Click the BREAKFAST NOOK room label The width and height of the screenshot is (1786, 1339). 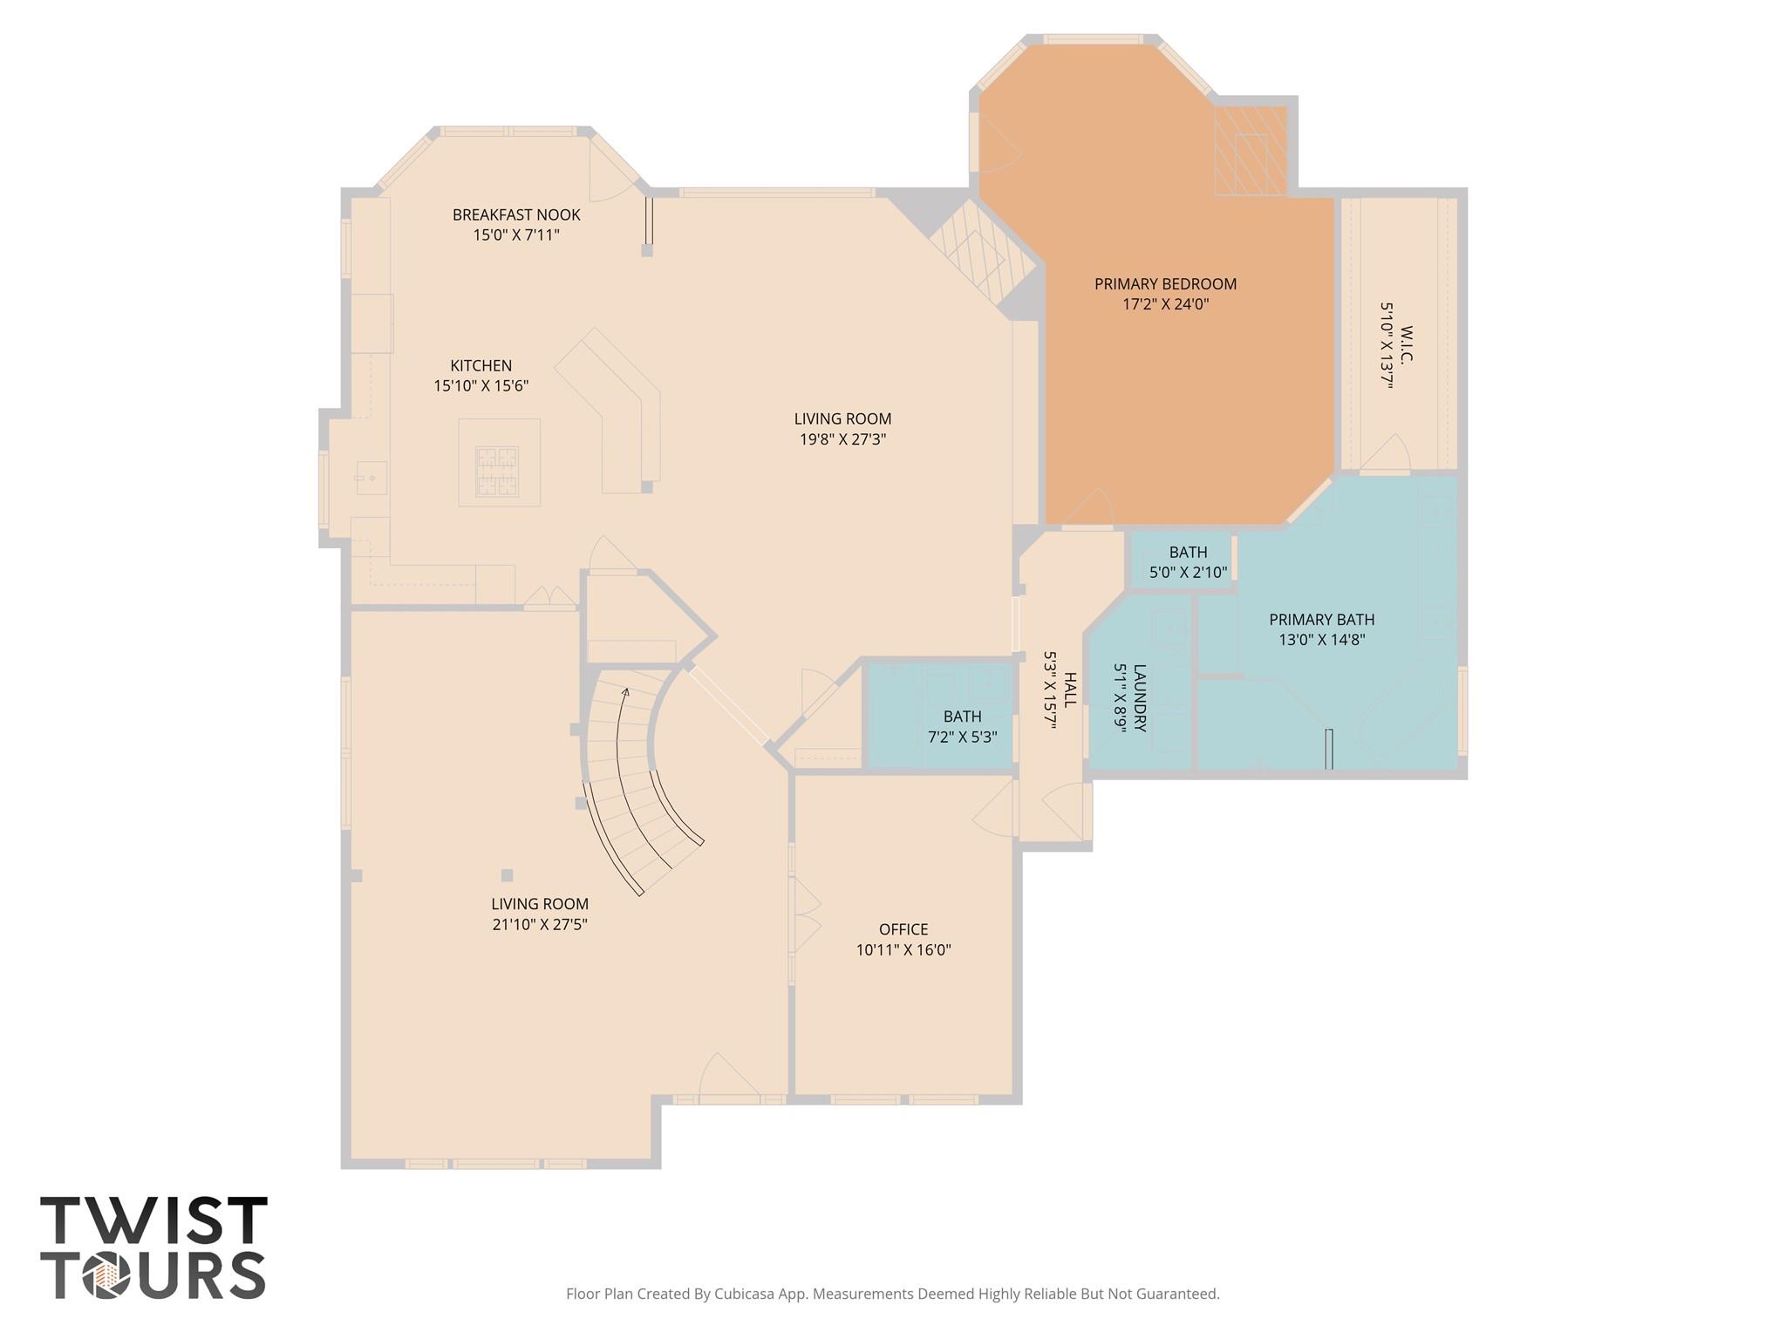click(x=515, y=214)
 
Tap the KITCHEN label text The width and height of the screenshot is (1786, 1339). click(x=481, y=365)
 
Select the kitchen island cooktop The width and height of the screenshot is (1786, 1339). click(x=496, y=471)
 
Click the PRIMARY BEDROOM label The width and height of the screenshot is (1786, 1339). click(x=1165, y=283)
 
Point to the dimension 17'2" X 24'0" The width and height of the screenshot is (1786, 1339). click(x=1165, y=304)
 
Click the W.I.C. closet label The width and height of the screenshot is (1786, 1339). click(x=1406, y=344)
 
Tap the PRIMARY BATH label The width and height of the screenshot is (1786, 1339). click(x=1321, y=619)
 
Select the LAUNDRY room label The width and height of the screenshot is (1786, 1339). click(x=1139, y=697)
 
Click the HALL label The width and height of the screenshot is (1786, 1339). click(x=1070, y=689)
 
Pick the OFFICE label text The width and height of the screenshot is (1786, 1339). click(x=903, y=929)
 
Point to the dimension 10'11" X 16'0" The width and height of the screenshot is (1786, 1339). click(x=903, y=950)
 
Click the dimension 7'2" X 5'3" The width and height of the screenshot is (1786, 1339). click(x=962, y=737)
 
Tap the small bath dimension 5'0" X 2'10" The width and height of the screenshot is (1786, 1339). click(x=1188, y=573)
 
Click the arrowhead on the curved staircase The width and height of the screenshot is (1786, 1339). click(x=625, y=693)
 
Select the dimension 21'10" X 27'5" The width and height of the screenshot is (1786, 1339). click(x=540, y=925)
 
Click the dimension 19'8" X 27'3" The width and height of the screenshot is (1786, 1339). click(x=842, y=439)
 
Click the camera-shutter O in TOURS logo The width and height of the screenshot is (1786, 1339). click(x=107, y=1275)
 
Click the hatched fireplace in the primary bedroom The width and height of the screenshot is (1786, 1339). click(x=1250, y=151)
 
